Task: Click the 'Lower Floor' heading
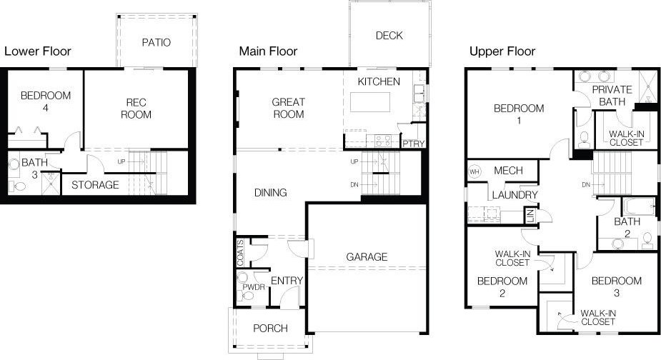(x=38, y=51)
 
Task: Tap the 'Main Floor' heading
(x=268, y=51)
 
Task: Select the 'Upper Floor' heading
(x=502, y=52)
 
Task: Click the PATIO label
(x=156, y=42)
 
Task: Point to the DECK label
(x=389, y=36)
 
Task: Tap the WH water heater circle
(x=474, y=172)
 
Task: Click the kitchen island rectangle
(x=369, y=102)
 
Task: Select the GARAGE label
(x=367, y=256)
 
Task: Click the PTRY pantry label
(x=413, y=144)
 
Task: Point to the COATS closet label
(x=240, y=253)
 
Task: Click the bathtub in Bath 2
(x=639, y=206)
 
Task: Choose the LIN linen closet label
(x=530, y=216)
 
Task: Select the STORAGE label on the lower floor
(x=95, y=184)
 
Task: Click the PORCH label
(x=270, y=329)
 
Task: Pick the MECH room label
(x=508, y=171)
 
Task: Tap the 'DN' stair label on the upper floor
(x=586, y=184)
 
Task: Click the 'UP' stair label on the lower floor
(x=121, y=161)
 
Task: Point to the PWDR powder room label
(x=254, y=287)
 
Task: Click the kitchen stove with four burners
(x=383, y=141)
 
